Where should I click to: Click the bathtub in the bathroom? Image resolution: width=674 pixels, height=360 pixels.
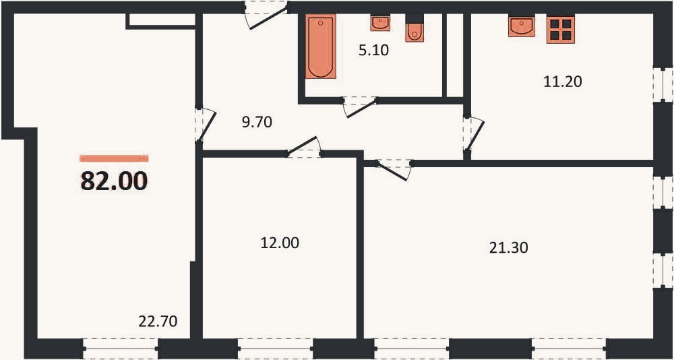(321, 47)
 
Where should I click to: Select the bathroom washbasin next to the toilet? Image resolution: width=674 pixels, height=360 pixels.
(380, 23)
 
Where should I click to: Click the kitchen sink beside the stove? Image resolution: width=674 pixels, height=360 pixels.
(522, 26)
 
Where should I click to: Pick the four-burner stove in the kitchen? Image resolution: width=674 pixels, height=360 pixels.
(561, 30)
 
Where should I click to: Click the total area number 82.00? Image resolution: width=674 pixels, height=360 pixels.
(114, 181)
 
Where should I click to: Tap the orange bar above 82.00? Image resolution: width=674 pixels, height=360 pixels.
(114, 158)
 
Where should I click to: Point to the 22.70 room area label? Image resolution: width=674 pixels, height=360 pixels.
(158, 322)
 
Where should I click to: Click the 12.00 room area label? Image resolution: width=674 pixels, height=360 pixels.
(280, 243)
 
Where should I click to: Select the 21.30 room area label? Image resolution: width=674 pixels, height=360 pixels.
(508, 247)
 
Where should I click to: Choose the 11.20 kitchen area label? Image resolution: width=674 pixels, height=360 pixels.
(563, 82)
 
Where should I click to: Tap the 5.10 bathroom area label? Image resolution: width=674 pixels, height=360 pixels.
(374, 51)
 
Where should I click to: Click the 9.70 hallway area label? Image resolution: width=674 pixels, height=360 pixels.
(257, 123)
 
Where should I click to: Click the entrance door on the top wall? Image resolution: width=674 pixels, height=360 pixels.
(266, 15)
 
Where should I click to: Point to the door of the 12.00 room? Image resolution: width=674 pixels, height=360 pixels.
(304, 147)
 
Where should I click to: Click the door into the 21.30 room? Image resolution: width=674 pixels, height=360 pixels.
(394, 169)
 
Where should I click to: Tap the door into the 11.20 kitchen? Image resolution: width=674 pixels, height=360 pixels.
(473, 133)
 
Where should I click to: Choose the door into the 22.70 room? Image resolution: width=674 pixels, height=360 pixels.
(205, 125)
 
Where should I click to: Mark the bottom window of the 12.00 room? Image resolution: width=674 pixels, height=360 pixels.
(275, 349)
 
